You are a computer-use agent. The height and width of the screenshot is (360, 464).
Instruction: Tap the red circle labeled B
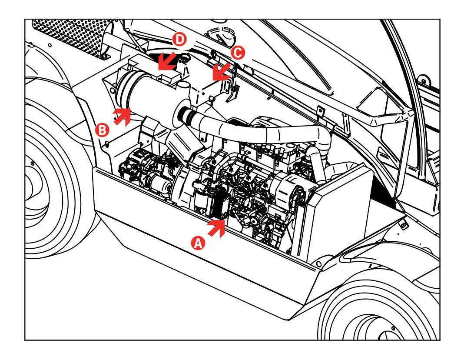click(x=103, y=130)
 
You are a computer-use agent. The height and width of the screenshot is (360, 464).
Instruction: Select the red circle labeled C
click(x=238, y=53)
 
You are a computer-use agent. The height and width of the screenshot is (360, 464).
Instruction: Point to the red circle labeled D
click(x=179, y=40)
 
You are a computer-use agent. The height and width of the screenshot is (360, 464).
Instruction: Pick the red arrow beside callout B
click(x=123, y=117)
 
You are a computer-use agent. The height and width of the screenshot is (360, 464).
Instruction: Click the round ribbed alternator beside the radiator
click(x=290, y=187)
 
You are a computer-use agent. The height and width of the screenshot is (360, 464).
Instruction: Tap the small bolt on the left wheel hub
click(x=32, y=163)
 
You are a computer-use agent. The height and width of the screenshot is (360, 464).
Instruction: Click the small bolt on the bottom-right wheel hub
click(x=393, y=328)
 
